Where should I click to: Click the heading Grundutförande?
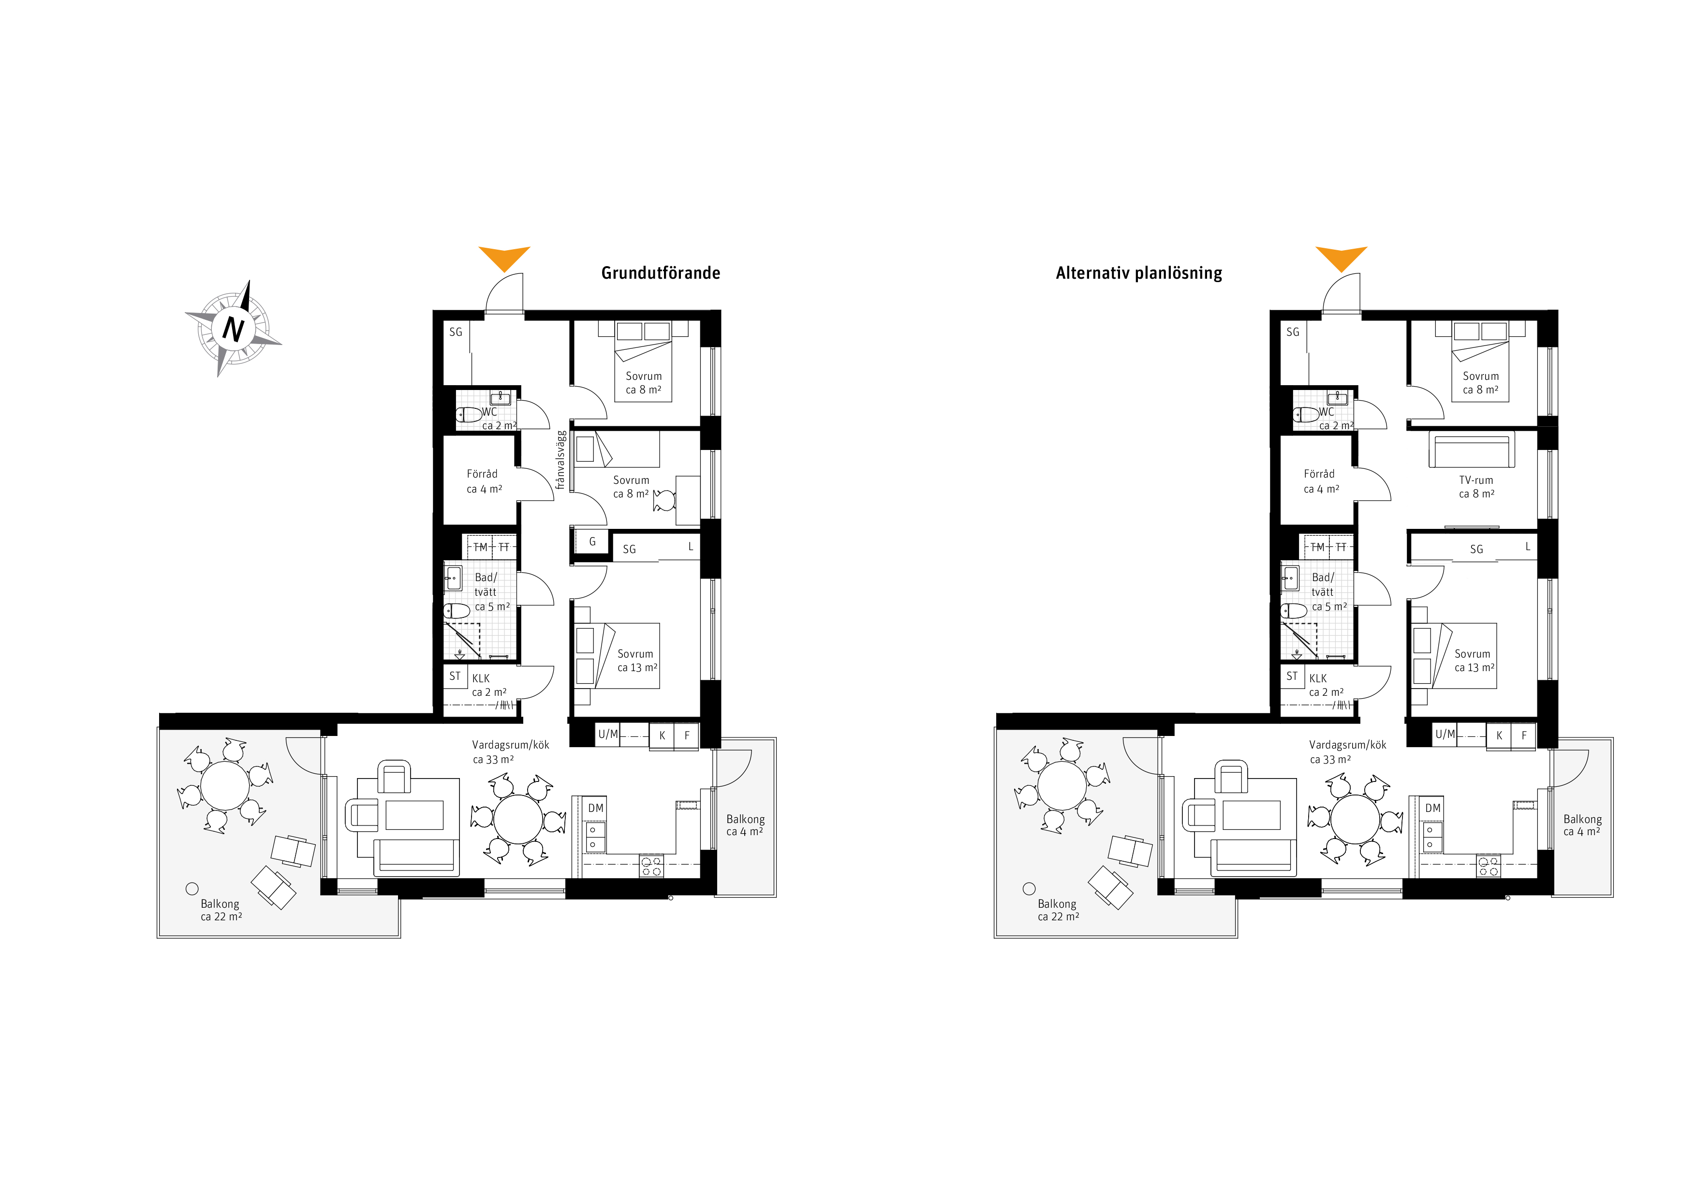click(661, 272)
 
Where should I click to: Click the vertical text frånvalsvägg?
click(560, 460)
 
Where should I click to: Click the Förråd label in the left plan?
click(482, 474)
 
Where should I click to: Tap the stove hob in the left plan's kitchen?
click(651, 866)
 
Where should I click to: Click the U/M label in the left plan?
click(608, 735)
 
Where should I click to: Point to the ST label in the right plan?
click(1291, 676)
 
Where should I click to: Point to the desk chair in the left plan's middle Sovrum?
click(664, 501)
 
